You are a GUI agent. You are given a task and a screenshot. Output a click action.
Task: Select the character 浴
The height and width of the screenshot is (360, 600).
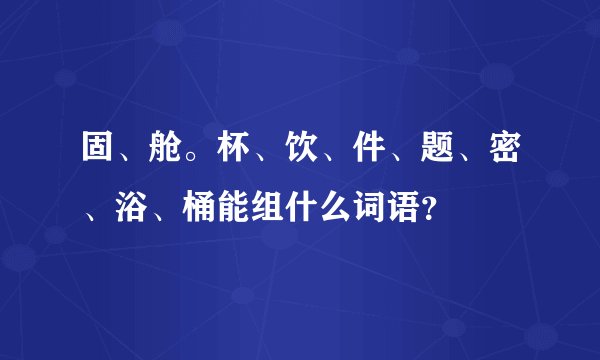tap(124, 209)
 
